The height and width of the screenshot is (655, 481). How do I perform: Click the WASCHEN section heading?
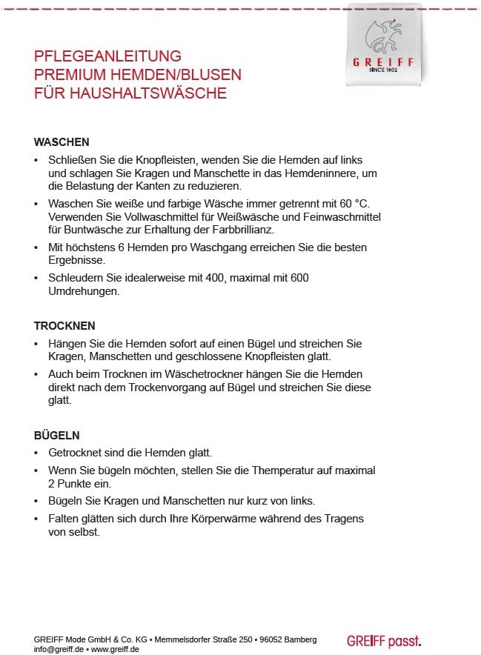coord(62,142)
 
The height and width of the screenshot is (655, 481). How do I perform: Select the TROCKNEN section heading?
coord(64,325)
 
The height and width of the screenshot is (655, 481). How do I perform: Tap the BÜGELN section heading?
coord(56,435)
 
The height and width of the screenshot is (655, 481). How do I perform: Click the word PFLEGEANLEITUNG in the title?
coord(108,56)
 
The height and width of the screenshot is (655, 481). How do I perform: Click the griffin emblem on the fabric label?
coord(383,34)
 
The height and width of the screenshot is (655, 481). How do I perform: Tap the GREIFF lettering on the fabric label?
coord(383,61)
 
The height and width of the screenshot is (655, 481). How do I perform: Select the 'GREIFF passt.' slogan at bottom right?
coord(383,640)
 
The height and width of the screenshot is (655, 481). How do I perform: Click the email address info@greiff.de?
coord(59,649)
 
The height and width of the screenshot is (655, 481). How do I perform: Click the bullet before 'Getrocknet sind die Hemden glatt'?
coord(37,453)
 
